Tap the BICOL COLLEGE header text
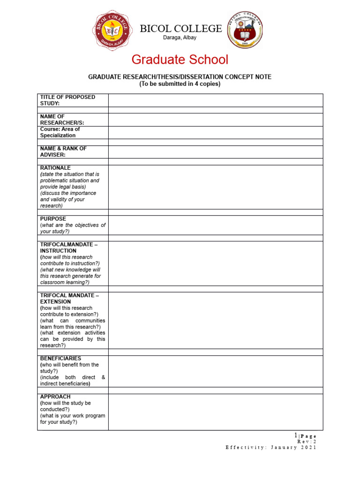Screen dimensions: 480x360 coord(181,29)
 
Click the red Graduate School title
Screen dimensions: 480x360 coord(180,60)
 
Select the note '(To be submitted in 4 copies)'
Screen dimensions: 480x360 coord(180,84)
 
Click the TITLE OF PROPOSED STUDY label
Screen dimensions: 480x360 coord(67,100)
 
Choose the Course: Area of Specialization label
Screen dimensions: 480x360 coord(60,132)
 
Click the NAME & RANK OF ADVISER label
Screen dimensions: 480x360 coord(63,151)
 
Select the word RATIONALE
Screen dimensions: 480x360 coord(55,168)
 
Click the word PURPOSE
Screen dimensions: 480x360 coord(53,219)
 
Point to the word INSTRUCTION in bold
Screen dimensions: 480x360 coord(58,251)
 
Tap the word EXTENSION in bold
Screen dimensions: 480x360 coord(55,302)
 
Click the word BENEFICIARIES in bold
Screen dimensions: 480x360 coord(60,358)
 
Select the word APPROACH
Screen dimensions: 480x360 coord(55,397)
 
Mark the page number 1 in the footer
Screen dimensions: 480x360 coord(296,435)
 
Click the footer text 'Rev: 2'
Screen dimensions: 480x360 coord(307,442)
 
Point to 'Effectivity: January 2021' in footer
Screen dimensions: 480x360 coord(271,448)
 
